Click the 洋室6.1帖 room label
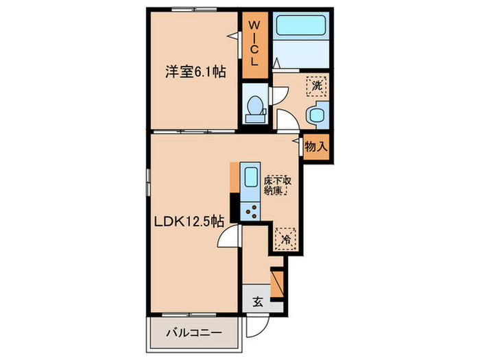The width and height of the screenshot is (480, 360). [195, 70]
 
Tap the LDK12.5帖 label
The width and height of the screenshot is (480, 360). [188, 221]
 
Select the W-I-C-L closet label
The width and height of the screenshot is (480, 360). [254, 43]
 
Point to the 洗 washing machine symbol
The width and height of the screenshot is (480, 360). [317, 86]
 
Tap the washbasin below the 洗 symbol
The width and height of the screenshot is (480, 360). [318, 115]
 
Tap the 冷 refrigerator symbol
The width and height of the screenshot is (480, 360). [285, 239]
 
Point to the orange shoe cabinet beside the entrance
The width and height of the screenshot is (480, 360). [277, 282]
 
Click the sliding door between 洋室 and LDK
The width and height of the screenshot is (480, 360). [193, 130]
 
